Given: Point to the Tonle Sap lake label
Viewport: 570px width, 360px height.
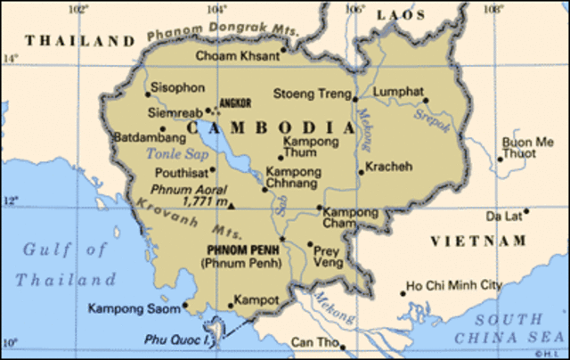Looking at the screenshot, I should pos(168,154).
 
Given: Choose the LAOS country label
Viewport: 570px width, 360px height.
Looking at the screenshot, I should pos(401,15).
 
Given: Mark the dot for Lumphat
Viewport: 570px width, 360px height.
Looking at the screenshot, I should pos(426,101).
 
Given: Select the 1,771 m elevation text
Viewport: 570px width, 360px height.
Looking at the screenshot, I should pos(203,201).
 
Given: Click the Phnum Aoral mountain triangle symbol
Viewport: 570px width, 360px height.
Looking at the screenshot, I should pos(231,206).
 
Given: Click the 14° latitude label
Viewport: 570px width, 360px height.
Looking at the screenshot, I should pos(10,60).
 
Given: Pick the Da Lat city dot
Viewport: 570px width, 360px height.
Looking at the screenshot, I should pos(526,211).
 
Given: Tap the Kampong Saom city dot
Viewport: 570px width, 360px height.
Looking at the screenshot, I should pos(185,304).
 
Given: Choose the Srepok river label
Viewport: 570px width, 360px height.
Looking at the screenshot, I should pos(435,122).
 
